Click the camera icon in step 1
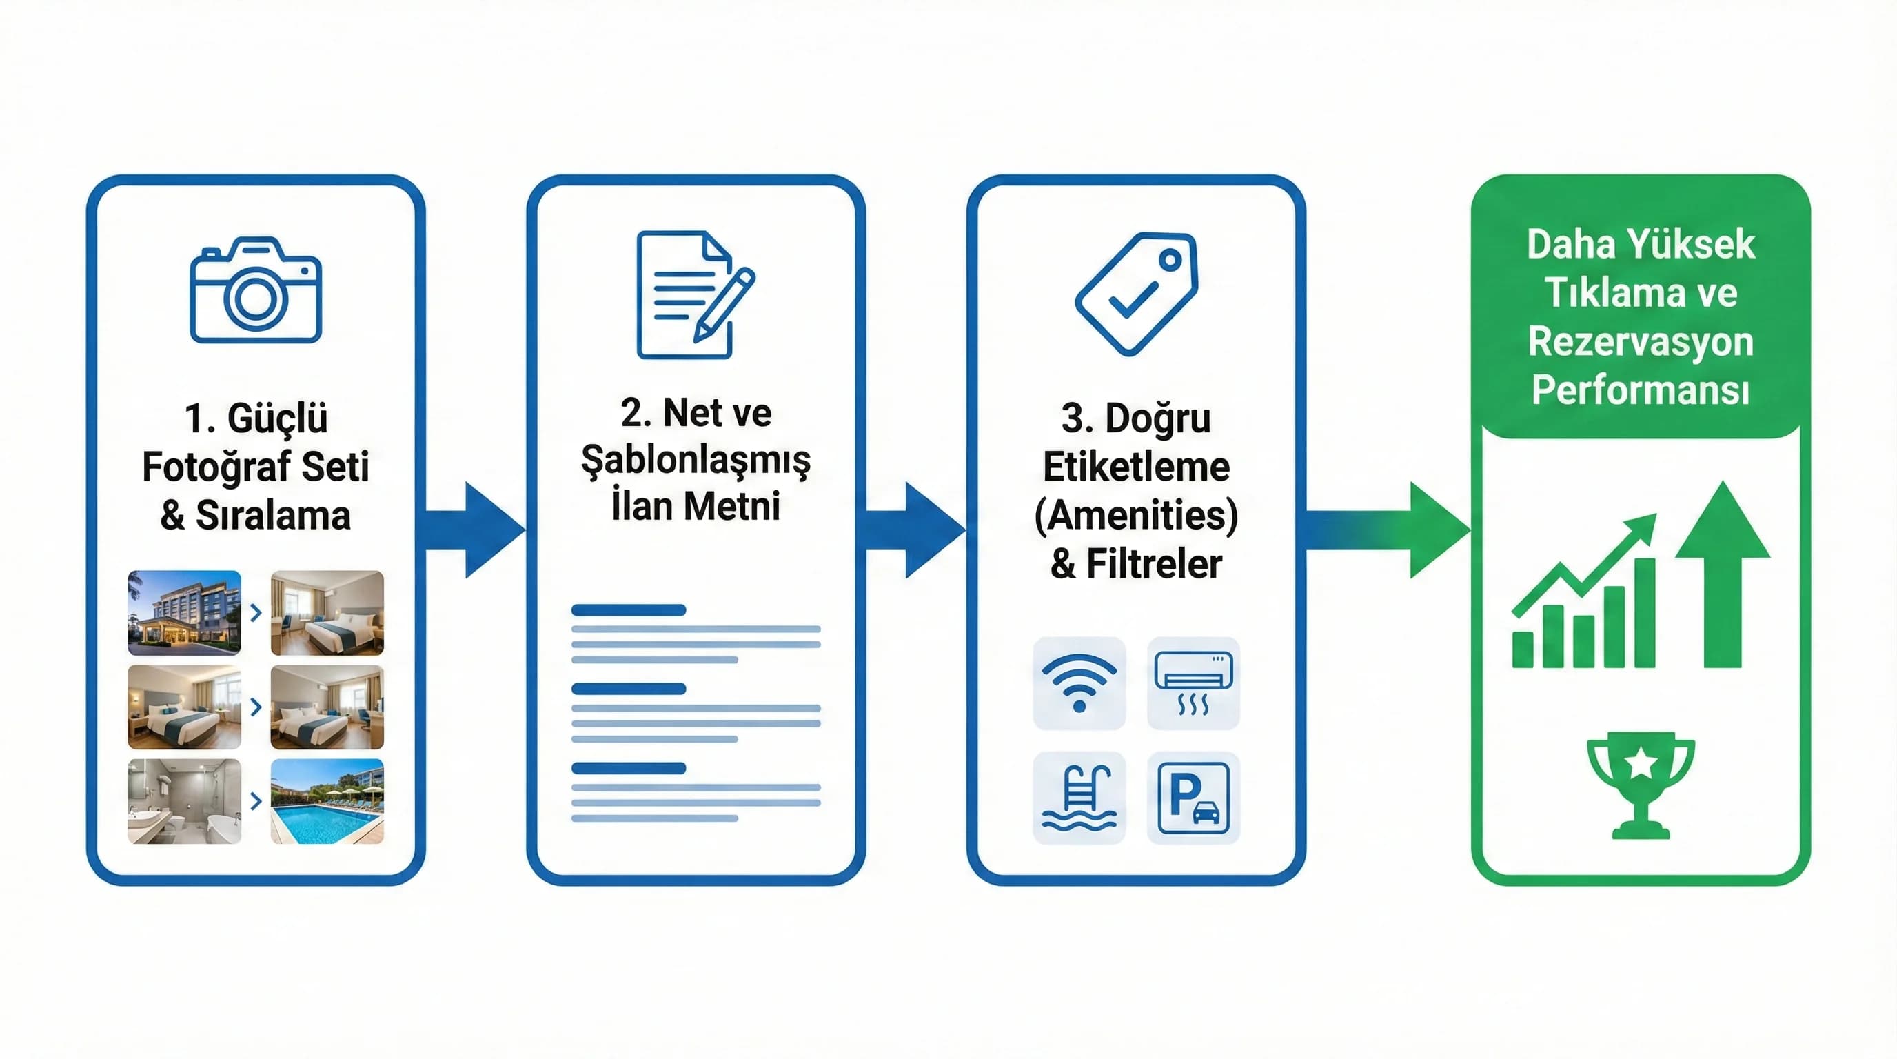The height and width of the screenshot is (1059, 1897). (256, 290)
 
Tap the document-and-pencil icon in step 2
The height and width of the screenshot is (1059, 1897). (695, 294)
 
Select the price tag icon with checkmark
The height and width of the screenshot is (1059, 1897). (1136, 293)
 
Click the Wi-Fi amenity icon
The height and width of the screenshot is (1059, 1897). (1079, 683)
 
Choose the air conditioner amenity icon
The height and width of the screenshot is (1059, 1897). (1193, 683)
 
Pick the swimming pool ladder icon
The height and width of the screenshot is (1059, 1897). (1079, 798)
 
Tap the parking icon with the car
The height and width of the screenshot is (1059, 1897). (1193, 798)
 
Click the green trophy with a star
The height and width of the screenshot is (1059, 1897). (1641, 785)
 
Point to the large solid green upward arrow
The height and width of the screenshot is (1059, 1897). (1723, 574)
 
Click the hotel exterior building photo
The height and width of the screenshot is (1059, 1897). (184, 613)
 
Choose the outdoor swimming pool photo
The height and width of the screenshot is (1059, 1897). (327, 801)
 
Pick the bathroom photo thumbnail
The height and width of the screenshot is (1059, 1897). (184, 801)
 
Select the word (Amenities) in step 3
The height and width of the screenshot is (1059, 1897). (1136, 516)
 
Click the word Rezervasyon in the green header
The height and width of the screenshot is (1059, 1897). (1641, 342)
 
